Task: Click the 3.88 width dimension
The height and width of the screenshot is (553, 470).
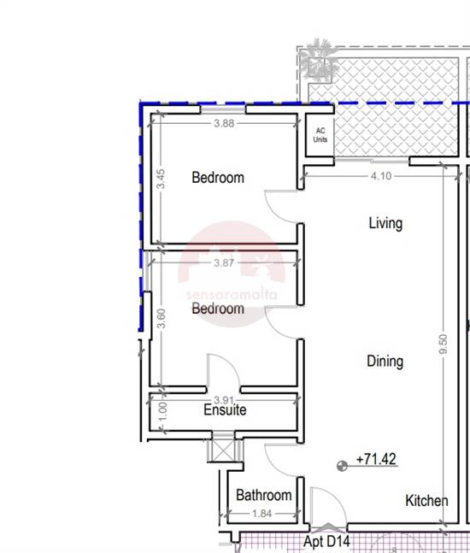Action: tap(224, 123)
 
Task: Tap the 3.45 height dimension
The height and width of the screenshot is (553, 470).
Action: tap(161, 179)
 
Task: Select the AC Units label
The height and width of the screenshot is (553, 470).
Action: tap(320, 135)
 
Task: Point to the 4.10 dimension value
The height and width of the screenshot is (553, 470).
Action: tap(381, 175)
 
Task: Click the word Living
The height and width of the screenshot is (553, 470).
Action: tap(385, 223)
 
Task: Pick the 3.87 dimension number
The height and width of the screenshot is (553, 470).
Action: tap(224, 262)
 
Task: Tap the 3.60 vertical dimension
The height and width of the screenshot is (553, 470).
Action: tap(161, 318)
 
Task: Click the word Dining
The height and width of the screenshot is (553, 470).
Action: tap(385, 362)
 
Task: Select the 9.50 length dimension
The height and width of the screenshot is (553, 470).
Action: tap(444, 344)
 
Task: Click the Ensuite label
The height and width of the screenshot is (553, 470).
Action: tap(225, 409)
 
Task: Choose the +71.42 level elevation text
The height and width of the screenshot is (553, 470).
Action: tap(376, 459)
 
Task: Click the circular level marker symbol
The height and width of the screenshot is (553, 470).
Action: tap(342, 466)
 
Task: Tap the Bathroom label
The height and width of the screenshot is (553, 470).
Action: tap(264, 495)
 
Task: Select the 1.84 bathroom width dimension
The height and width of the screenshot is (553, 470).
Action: tap(262, 514)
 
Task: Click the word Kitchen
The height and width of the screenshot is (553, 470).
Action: tap(426, 501)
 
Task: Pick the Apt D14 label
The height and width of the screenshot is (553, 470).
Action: tap(326, 541)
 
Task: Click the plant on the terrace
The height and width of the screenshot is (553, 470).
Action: tap(319, 60)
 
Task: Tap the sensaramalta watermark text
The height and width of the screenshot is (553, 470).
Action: tap(232, 295)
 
